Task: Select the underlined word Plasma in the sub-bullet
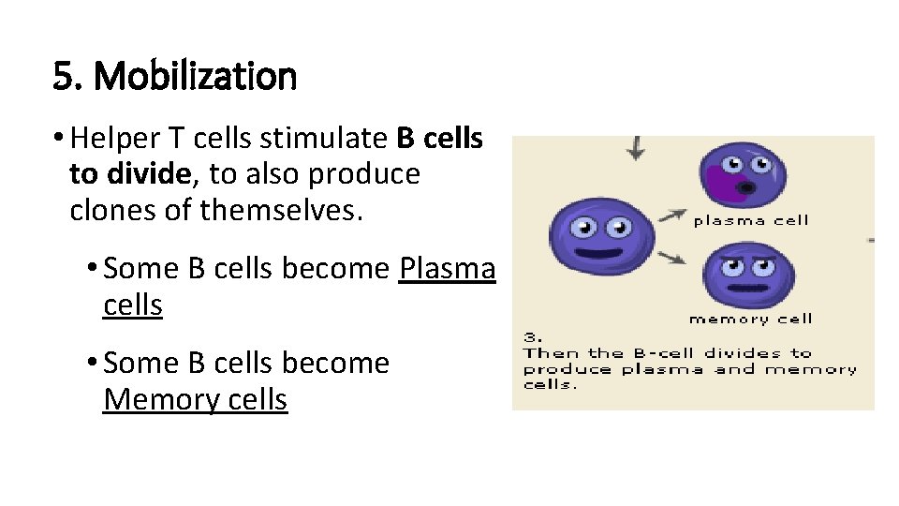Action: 447,269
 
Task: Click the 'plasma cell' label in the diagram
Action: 750,221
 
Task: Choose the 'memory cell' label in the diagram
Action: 750,320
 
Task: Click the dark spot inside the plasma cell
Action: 745,188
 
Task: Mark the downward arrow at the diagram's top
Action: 636,147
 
